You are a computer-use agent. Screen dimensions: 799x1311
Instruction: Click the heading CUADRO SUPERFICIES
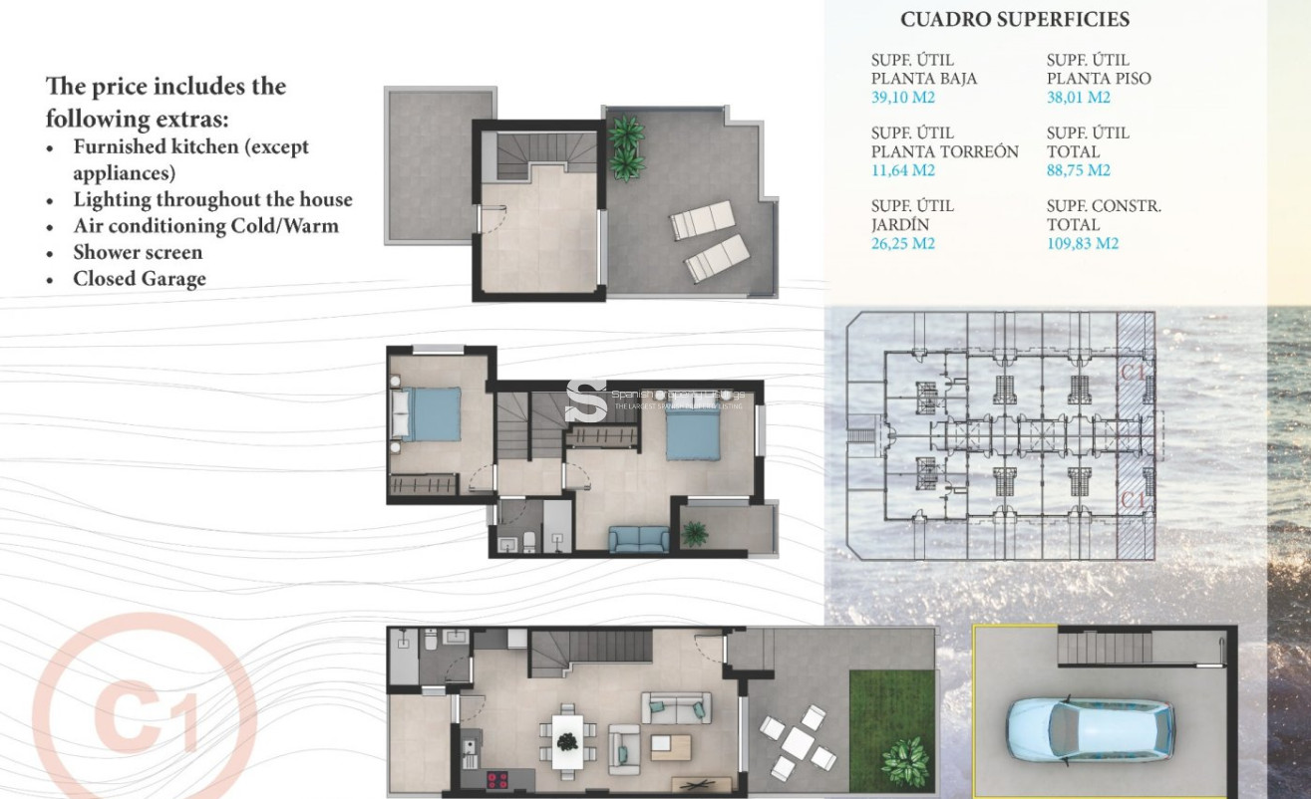pos(1014,20)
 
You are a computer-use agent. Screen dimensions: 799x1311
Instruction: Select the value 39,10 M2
pos(903,98)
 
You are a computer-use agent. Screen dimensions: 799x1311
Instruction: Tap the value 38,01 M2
pos(1078,98)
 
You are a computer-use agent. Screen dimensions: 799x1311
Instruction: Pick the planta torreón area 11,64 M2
pos(903,170)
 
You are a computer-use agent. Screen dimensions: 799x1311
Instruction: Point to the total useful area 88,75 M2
pos(1079,170)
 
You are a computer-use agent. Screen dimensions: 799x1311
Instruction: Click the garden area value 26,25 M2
pos(903,244)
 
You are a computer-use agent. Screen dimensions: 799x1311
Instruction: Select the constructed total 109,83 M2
pos(1083,244)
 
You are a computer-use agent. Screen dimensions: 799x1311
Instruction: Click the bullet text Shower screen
pos(138,252)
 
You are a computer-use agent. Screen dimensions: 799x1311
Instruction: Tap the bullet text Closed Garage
pos(140,278)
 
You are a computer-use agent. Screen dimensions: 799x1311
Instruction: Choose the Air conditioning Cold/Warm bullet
pos(205,226)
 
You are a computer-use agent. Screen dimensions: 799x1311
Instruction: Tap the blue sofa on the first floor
pos(639,539)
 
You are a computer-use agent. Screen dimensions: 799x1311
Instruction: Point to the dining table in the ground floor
pos(566,740)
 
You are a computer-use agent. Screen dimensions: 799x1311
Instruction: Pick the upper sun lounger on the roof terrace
pos(702,220)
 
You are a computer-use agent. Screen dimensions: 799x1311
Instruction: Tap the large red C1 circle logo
pos(145,717)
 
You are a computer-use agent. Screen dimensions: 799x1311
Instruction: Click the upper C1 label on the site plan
pos(1132,374)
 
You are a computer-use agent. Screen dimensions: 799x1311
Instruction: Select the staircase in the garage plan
pos(1098,649)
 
